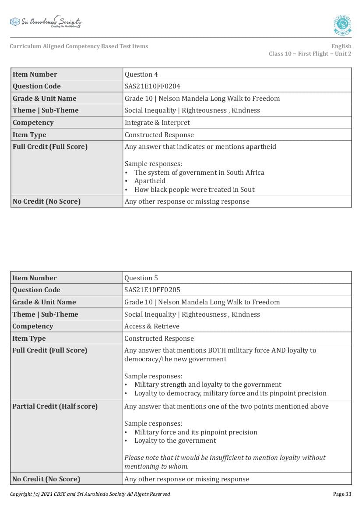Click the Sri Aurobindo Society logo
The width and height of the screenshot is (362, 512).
46,22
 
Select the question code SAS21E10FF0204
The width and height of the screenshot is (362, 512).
152,86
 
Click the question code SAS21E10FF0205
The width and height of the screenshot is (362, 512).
152,290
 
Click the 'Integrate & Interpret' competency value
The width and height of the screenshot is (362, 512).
157,123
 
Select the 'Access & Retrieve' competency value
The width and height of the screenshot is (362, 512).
152,326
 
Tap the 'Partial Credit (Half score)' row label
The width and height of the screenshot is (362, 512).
55,406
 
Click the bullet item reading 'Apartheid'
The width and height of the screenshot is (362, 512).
150,181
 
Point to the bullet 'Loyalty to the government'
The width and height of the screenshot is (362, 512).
175,441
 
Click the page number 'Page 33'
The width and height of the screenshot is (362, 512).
342,494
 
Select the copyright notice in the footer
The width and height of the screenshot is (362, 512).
90,494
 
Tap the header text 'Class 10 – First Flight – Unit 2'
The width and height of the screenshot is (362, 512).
310,54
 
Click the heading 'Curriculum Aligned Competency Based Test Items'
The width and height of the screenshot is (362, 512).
79,46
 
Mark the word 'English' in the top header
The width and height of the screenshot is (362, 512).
341,46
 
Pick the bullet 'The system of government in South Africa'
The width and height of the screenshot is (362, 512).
199,173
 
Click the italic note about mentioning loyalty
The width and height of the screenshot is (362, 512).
225,462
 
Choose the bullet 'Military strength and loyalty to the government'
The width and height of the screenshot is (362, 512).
207,385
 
